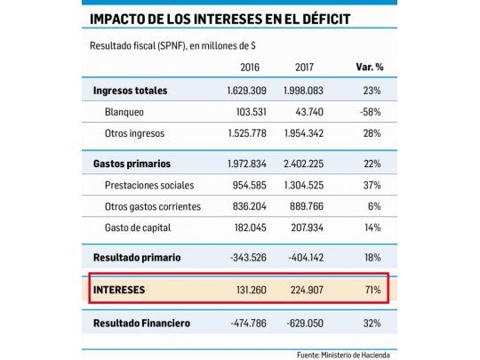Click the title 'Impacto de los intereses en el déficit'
(x=219, y=19)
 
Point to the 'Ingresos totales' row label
(x=130, y=91)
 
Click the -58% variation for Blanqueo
(x=369, y=111)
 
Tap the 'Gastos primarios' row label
(x=132, y=164)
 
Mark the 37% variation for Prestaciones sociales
(x=371, y=186)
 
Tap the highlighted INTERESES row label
(x=122, y=289)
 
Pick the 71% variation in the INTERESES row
(x=372, y=289)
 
